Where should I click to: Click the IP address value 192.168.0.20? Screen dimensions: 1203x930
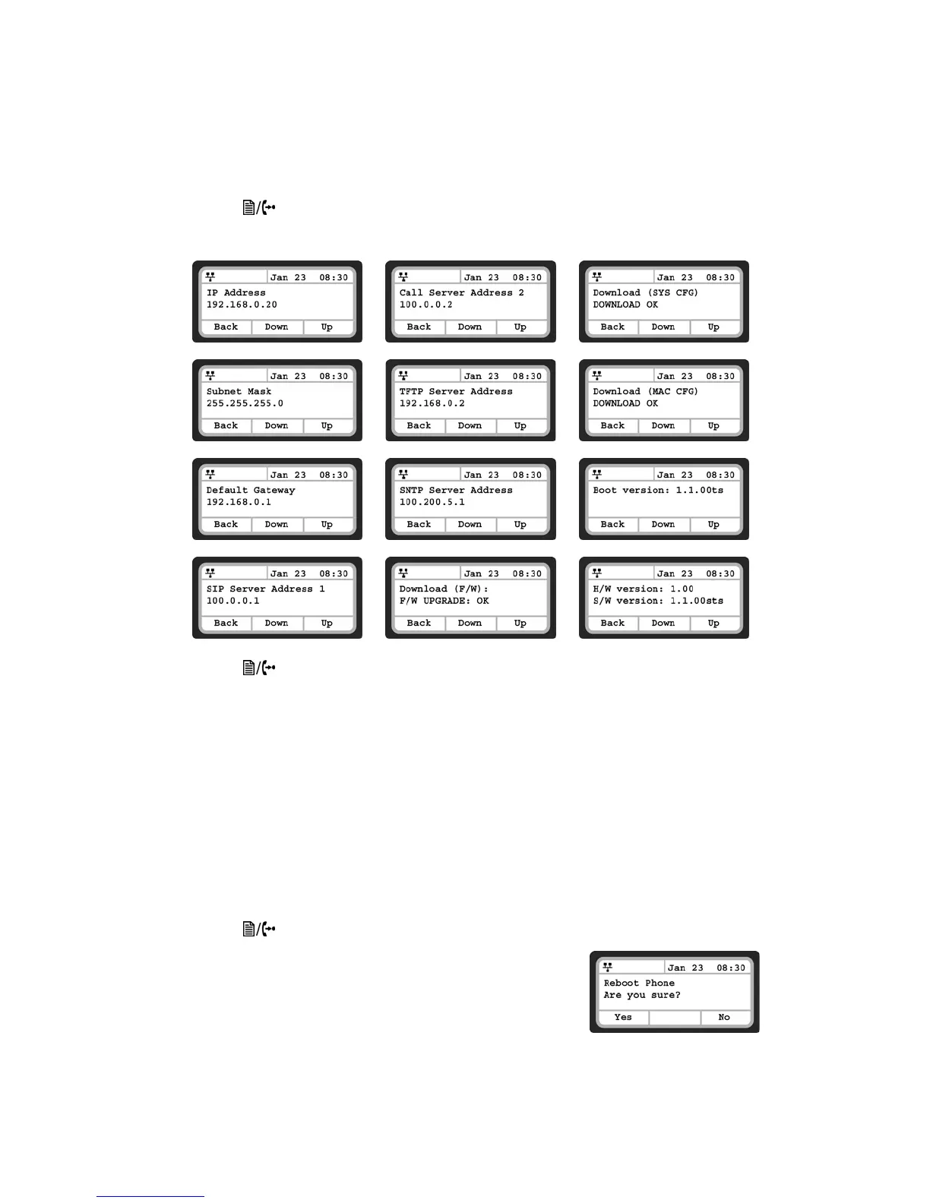242,305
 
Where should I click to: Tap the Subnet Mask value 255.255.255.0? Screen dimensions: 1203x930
245,403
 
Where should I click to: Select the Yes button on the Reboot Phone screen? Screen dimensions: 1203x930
623,1017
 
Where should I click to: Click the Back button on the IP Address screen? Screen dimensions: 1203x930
226,327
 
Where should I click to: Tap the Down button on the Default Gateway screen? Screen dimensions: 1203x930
277,524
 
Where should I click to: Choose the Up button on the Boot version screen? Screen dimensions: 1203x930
713,524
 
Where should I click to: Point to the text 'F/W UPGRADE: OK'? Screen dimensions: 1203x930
444,601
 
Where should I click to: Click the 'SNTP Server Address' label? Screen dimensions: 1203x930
456,490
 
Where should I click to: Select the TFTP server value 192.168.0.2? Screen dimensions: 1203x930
432,403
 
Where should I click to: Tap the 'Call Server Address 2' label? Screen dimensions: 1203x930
462,292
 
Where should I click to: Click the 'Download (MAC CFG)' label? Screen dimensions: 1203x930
646,391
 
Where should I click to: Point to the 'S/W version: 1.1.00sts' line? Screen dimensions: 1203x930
658,601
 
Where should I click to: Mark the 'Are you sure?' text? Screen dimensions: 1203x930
642,995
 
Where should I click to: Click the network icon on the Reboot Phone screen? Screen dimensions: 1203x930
607,967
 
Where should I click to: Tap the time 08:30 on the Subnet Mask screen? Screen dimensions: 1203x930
334,376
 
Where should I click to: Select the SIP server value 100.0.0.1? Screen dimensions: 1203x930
233,601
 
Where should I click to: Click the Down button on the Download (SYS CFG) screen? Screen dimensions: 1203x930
663,327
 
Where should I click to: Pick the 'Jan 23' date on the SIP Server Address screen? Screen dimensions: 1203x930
288,573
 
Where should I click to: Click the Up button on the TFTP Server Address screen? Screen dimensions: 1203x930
520,425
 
